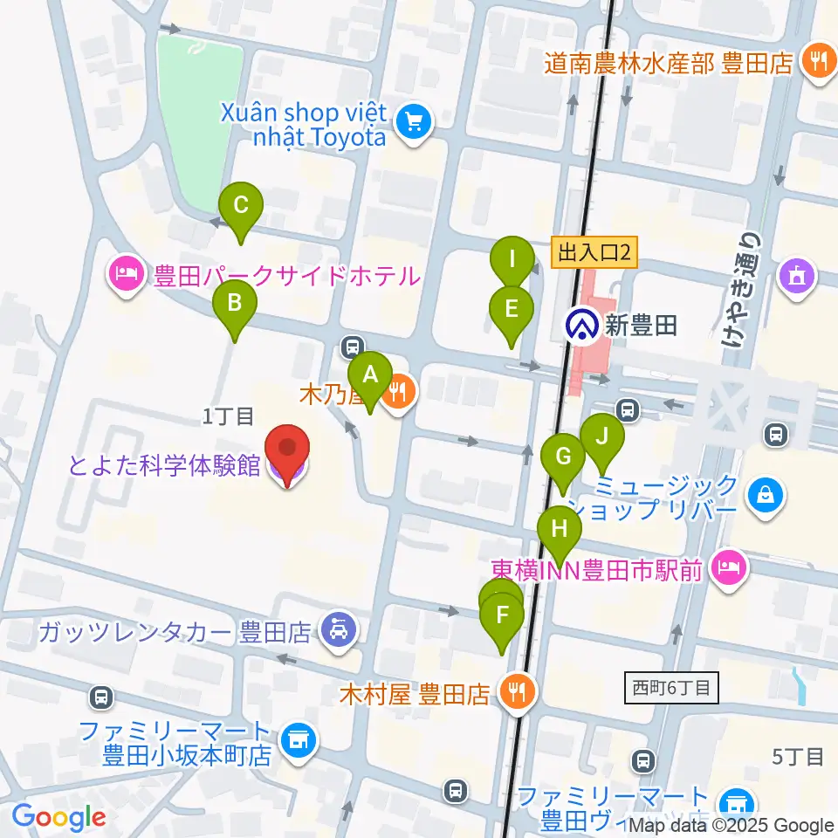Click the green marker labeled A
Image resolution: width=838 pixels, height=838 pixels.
[x=370, y=376]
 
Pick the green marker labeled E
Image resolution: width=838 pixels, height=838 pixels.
[x=512, y=309]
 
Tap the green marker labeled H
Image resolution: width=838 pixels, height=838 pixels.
[x=560, y=529]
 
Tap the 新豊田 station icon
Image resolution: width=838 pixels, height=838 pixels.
[x=580, y=326]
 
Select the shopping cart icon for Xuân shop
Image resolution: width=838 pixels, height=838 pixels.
[x=414, y=122]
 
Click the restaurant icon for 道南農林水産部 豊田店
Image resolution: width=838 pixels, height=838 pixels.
[x=818, y=62]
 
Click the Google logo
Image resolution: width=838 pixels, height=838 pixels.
[x=58, y=817]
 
